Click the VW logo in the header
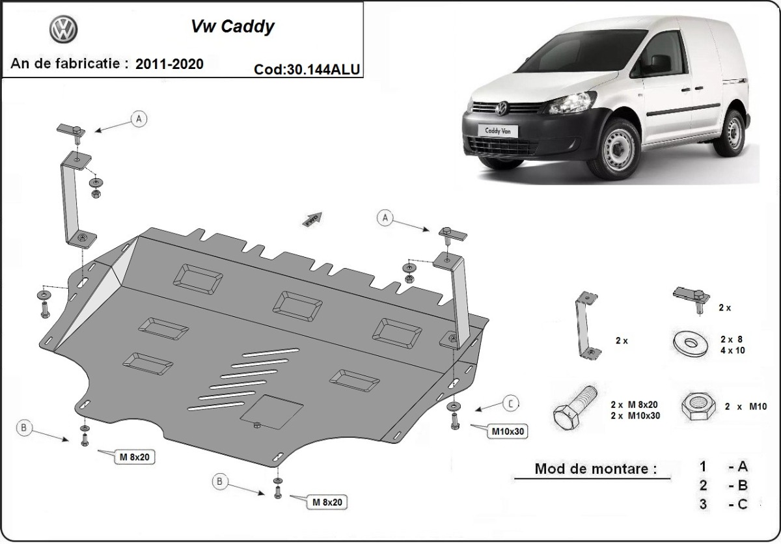(63, 29)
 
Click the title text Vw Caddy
(232, 27)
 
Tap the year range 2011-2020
(169, 64)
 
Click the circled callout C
(511, 403)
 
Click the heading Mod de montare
(595, 469)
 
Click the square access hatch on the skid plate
(272, 411)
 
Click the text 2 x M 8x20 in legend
(636, 404)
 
